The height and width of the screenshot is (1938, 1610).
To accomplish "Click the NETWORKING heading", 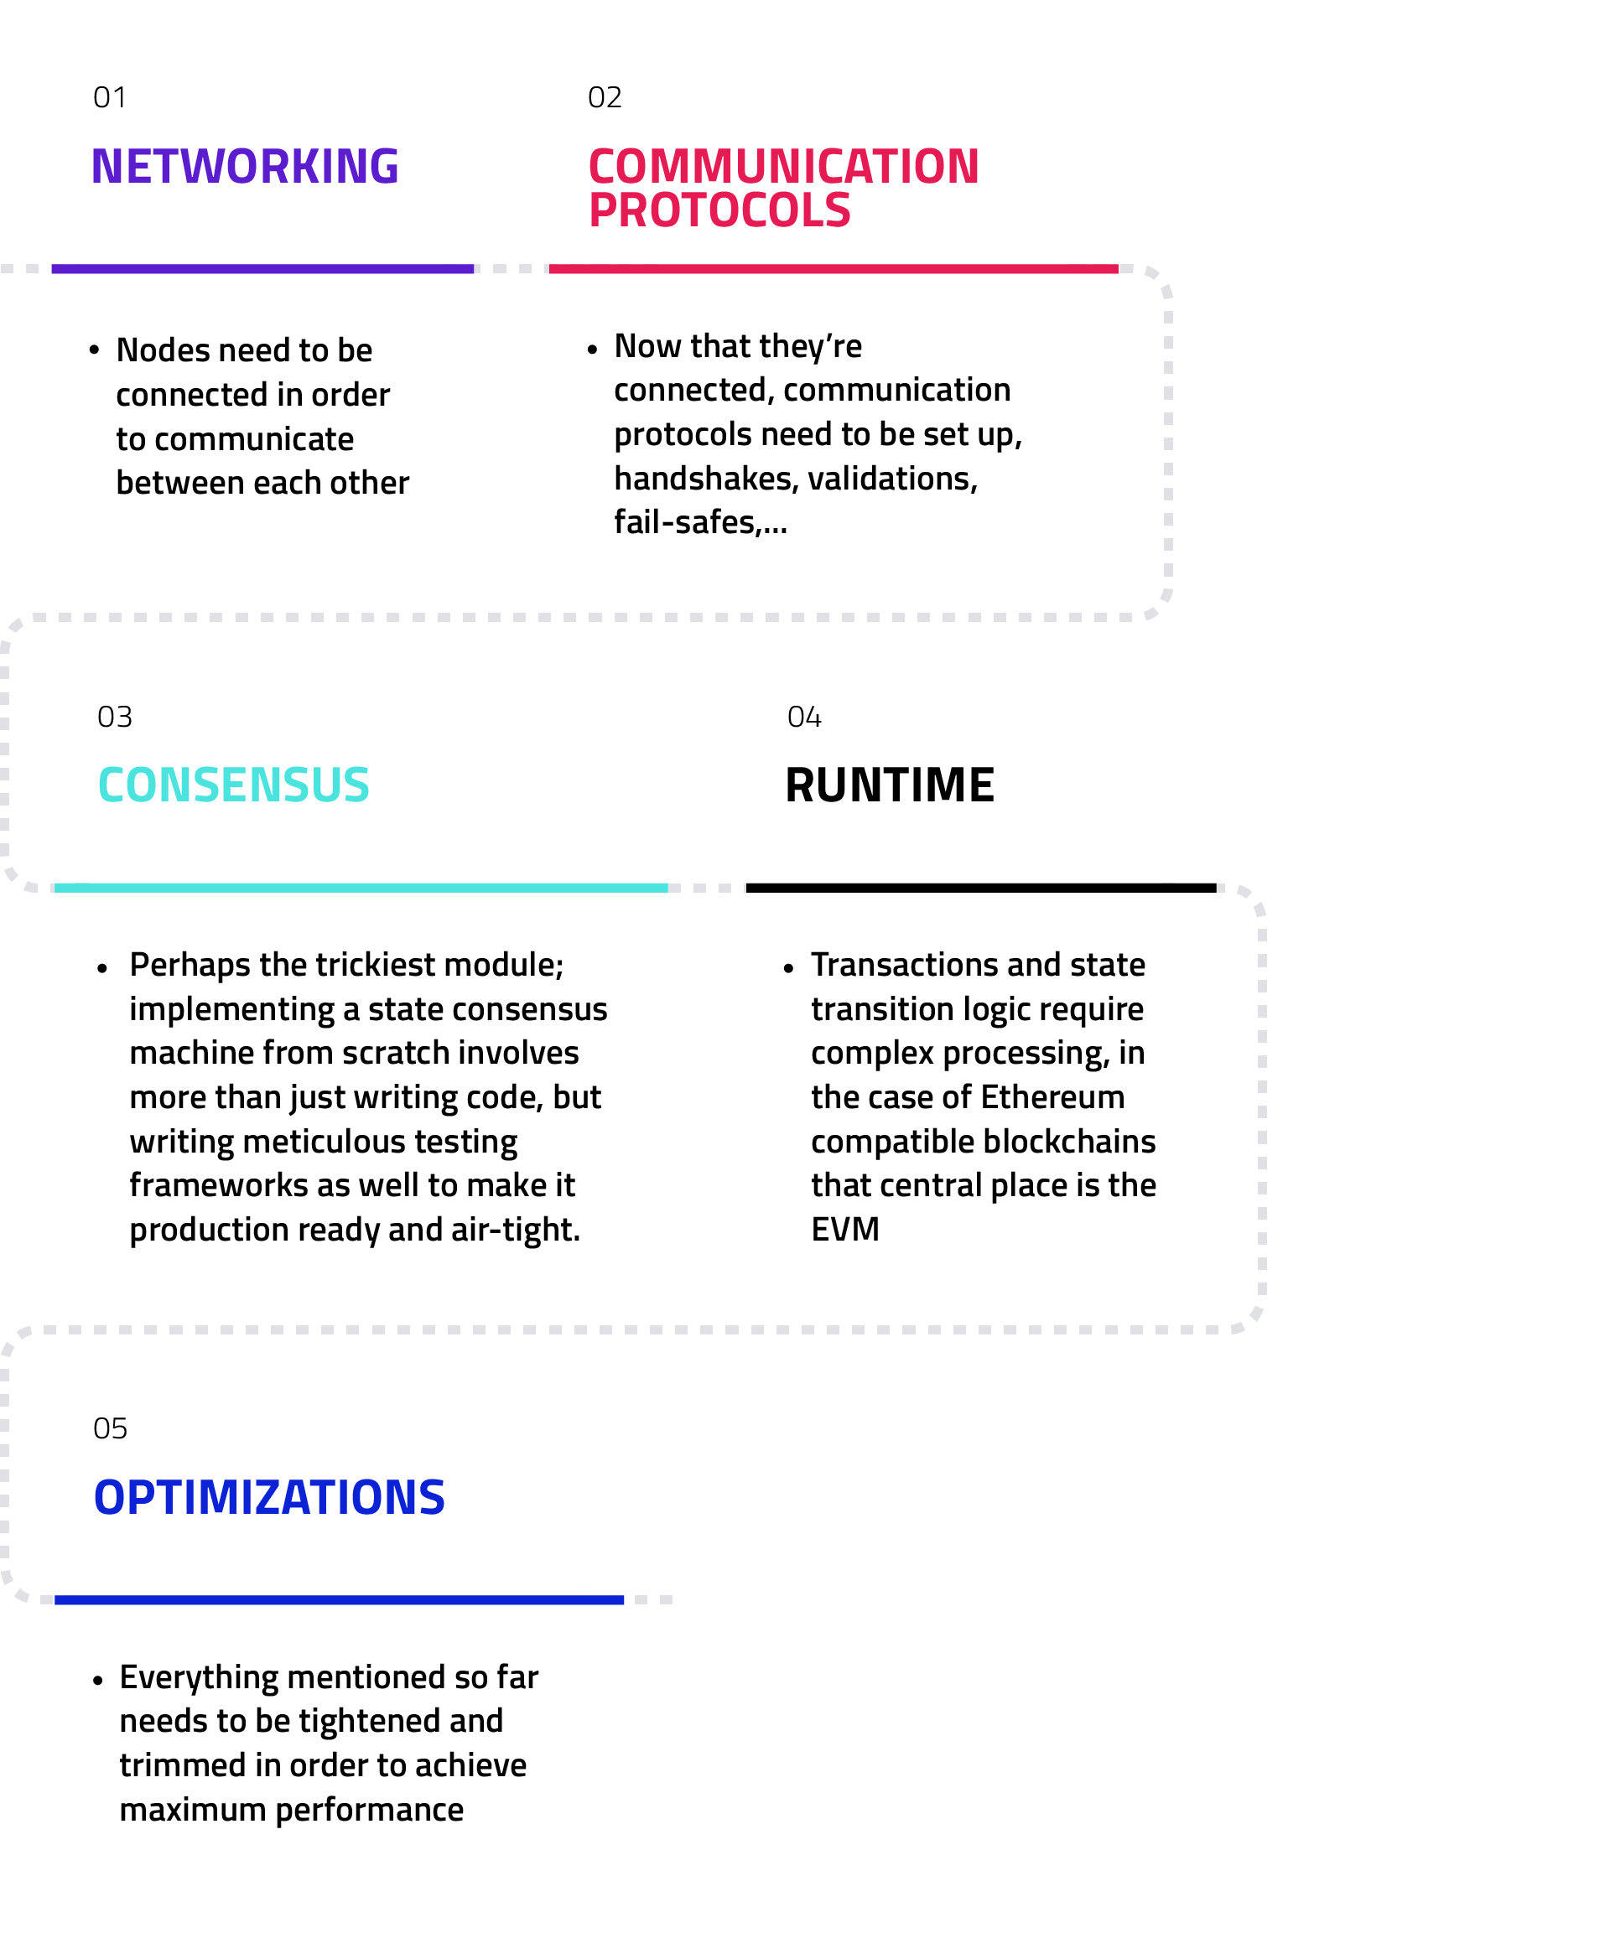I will pyautogui.click(x=245, y=167).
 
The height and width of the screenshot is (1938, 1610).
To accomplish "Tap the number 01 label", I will pyautogui.click(x=109, y=98).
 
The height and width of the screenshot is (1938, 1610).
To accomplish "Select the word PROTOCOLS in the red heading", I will pyautogui.click(x=719, y=210).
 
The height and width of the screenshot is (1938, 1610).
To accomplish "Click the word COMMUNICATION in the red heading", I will pyautogui.click(x=783, y=167).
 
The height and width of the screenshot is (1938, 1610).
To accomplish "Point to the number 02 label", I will pyautogui.click(x=605, y=98).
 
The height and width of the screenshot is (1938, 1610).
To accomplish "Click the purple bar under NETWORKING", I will pyautogui.click(x=262, y=269).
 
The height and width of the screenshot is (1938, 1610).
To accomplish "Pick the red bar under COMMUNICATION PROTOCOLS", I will pyautogui.click(x=833, y=269).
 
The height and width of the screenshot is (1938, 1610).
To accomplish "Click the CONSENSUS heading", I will pyautogui.click(x=234, y=785).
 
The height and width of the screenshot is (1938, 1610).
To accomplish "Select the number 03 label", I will pyautogui.click(x=115, y=717).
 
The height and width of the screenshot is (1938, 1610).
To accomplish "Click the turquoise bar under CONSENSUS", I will pyautogui.click(x=361, y=888).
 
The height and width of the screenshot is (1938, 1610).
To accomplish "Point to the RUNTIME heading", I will pyautogui.click(x=889, y=785).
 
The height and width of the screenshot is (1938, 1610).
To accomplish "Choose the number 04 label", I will pyautogui.click(x=803, y=717).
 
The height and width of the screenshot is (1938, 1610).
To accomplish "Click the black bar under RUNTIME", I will pyautogui.click(x=980, y=888).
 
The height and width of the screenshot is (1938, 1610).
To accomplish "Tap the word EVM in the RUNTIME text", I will pyautogui.click(x=844, y=1229).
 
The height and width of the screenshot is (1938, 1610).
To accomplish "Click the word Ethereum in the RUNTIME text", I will pyautogui.click(x=1052, y=1097).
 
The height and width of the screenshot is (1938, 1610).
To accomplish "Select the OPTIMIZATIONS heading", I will pyautogui.click(x=268, y=1498).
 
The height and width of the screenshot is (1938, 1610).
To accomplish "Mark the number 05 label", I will pyautogui.click(x=109, y=1429).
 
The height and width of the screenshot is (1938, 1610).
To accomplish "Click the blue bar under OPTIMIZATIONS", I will pyautogui.click(x=339, y=1600).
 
